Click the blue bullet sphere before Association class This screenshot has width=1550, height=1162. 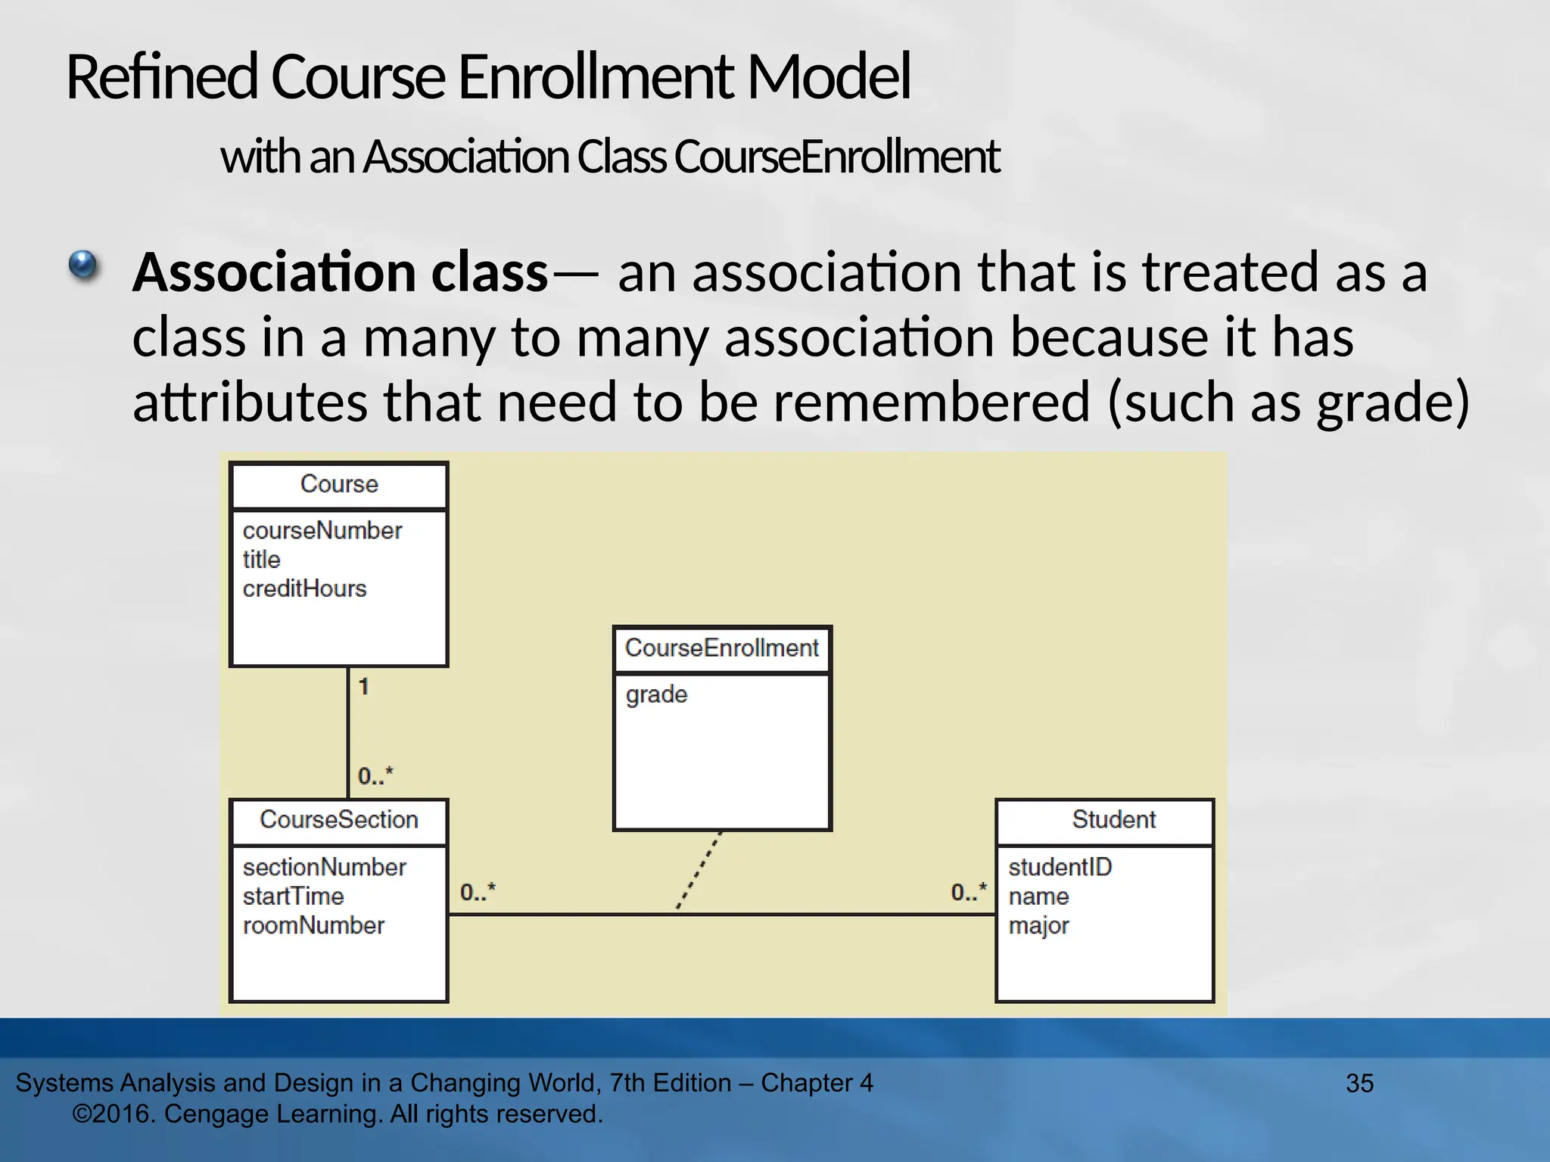click(x=83, y=266)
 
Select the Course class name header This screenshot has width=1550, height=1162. click(x=339, y=484)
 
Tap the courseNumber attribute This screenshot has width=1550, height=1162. click(x=322, y=530)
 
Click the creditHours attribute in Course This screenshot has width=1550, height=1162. click(x=304, y=589)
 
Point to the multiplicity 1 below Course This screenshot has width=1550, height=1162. click(x=364, y=687)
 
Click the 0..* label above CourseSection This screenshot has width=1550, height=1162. click(x=375, y=776)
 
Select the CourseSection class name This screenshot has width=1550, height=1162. click(x=339, y=820)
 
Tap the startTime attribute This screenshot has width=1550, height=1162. click(x=293, y=896)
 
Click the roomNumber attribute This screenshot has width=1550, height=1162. click(x=313, y=925)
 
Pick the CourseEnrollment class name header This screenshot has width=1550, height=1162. click(x=722, y=648)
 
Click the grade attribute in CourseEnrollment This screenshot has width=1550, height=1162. click(x=656, y=694)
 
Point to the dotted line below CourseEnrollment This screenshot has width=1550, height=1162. click(x=699, y=871)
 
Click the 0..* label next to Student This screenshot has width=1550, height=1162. click(x=969, y=892)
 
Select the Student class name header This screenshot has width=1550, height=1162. click(x=1113, y=820)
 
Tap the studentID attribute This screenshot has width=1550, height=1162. click(x=1060, y=867)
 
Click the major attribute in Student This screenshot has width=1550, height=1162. click(x=1038, y=926)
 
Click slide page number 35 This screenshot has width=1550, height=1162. click(x=1359, y=1083)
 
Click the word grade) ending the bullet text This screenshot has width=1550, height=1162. click(x=1393, y=402)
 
